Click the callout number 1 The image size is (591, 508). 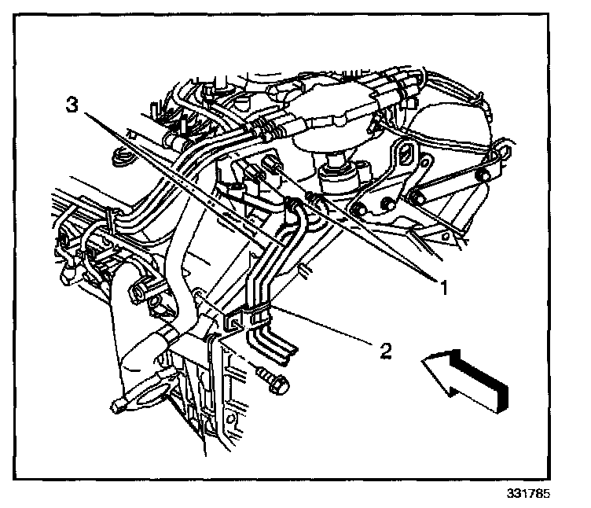pos(442,287)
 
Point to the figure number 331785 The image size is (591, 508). pos(528,495)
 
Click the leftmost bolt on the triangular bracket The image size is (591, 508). pos(358,208)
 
